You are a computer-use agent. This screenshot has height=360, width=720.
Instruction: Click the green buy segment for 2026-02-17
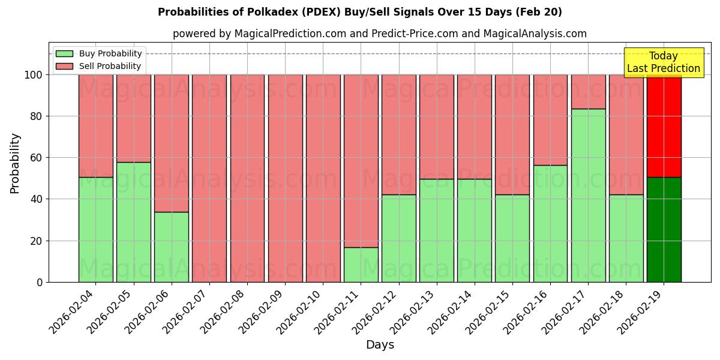click(x=588, y=195)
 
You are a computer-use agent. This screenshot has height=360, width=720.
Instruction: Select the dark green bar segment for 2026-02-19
click(x=664, y=229)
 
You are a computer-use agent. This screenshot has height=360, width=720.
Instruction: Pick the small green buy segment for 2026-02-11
click(x=361, y=265)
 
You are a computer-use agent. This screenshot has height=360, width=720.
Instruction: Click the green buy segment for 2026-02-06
click(x=171, y=247)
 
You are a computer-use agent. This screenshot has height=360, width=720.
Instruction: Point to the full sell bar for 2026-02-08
click(x=247, y=178)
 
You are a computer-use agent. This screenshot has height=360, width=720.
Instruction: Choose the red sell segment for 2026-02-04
click(x=95, y=126)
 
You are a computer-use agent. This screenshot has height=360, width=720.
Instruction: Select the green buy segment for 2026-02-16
click(x=550, y=223)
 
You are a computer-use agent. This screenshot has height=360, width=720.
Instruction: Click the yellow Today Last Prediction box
click(x=663, y=62)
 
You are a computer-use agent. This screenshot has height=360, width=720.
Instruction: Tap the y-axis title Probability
click(x=15, y=163)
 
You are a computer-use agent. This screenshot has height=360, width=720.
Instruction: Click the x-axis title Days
click(x=380, y=345)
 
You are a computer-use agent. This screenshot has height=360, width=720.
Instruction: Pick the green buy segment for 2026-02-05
click(x=133, y=222)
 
